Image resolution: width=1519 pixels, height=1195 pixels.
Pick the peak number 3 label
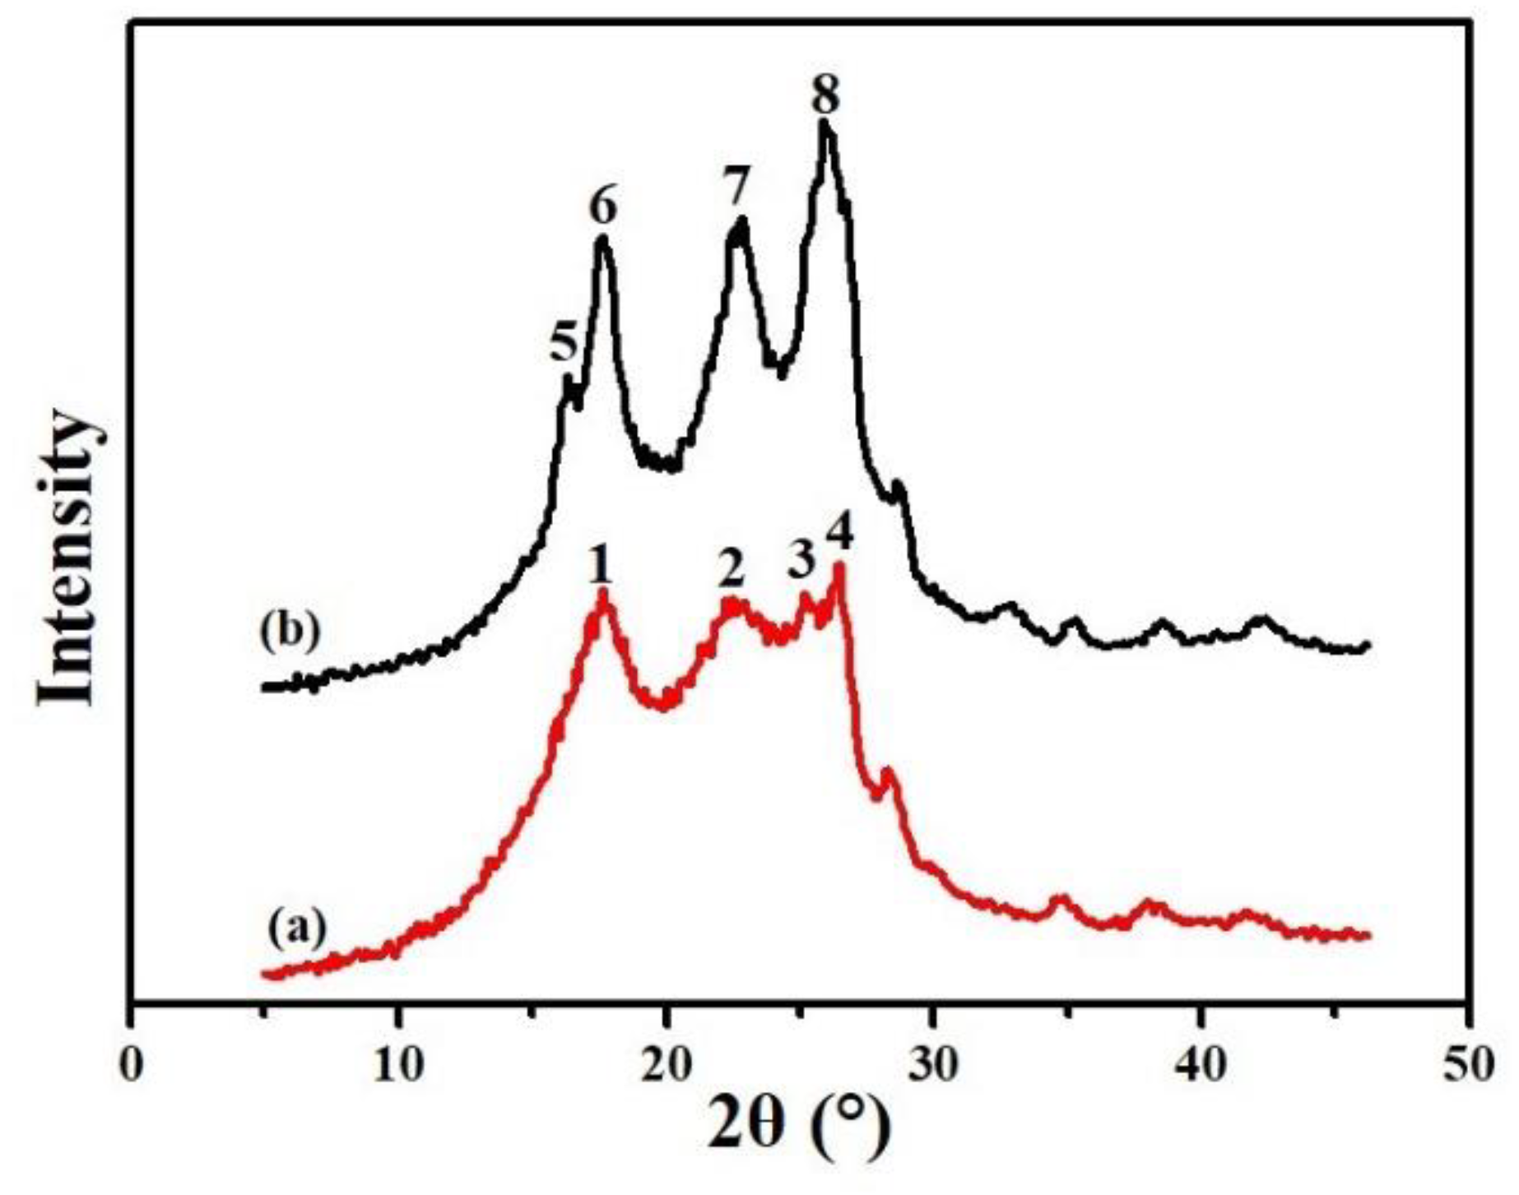(800, 561)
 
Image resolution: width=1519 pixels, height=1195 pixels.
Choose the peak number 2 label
(731, 569)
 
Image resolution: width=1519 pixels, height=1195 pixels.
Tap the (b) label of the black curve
(289, 633)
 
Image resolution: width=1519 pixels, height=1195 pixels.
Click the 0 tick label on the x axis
(132, 1064)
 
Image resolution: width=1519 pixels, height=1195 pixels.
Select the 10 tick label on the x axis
(398, 1064)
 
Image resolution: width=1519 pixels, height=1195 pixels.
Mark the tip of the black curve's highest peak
(824, 123)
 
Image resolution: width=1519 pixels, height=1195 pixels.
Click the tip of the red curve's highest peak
(840, 566)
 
